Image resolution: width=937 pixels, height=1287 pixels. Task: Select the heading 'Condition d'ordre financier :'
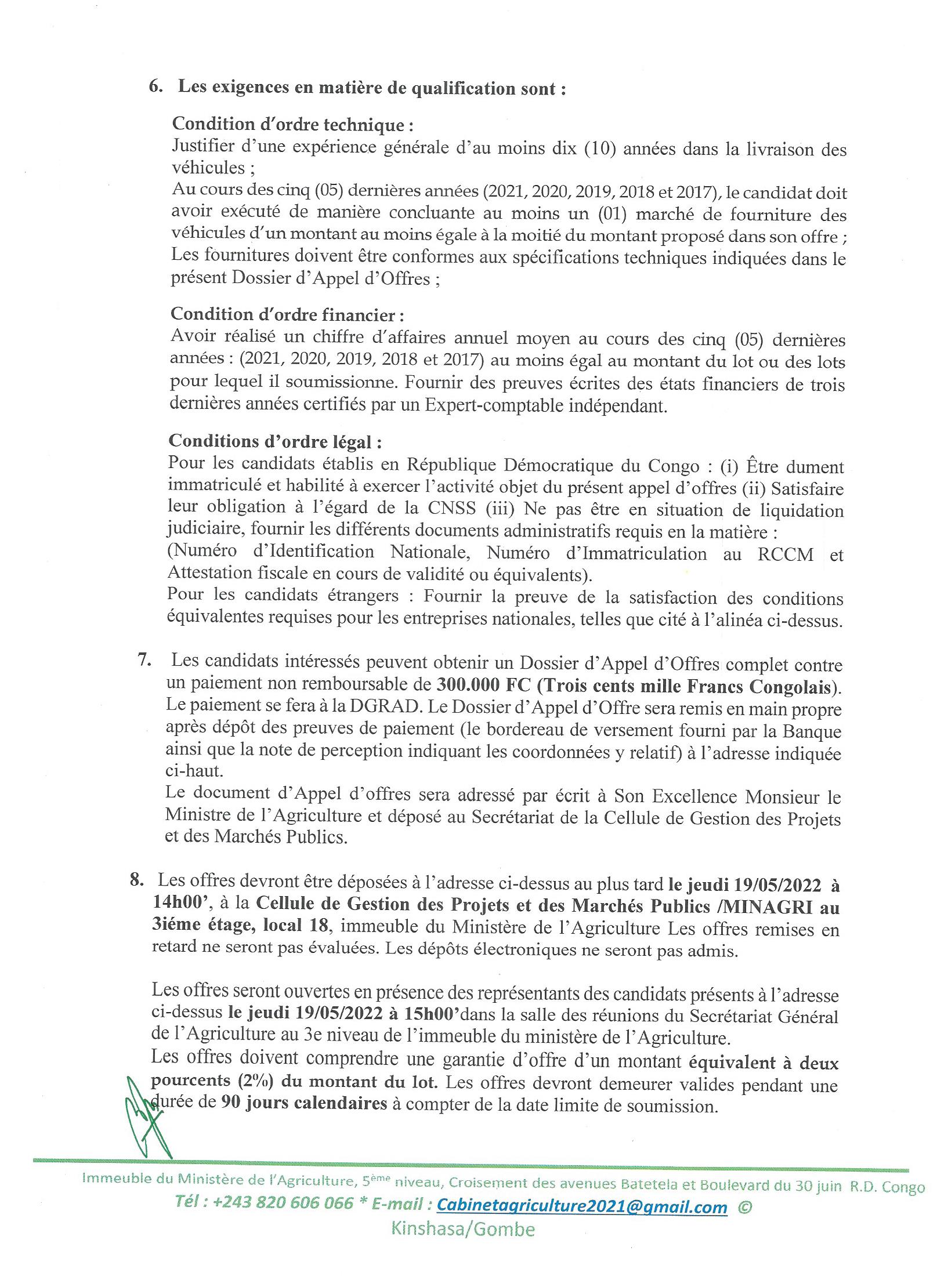[x=287, y=314]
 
